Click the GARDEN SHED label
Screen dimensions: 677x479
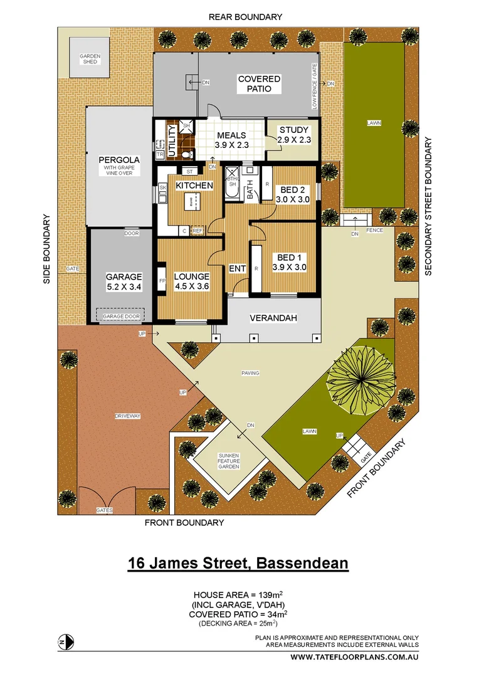90,58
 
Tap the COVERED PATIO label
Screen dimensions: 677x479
259,84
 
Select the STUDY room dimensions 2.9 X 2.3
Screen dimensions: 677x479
295,140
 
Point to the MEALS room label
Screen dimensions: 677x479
231,135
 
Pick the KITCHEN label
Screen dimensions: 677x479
194,186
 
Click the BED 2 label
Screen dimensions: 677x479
293,190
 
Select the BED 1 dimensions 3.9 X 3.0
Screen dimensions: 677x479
289,267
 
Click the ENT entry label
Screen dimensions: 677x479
238,269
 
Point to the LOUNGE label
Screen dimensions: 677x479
191,276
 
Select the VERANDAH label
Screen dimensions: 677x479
273,318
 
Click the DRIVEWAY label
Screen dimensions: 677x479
127,416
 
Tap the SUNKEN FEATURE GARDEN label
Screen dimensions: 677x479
229,461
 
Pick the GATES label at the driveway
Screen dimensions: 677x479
105,511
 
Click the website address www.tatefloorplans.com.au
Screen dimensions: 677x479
354,657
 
